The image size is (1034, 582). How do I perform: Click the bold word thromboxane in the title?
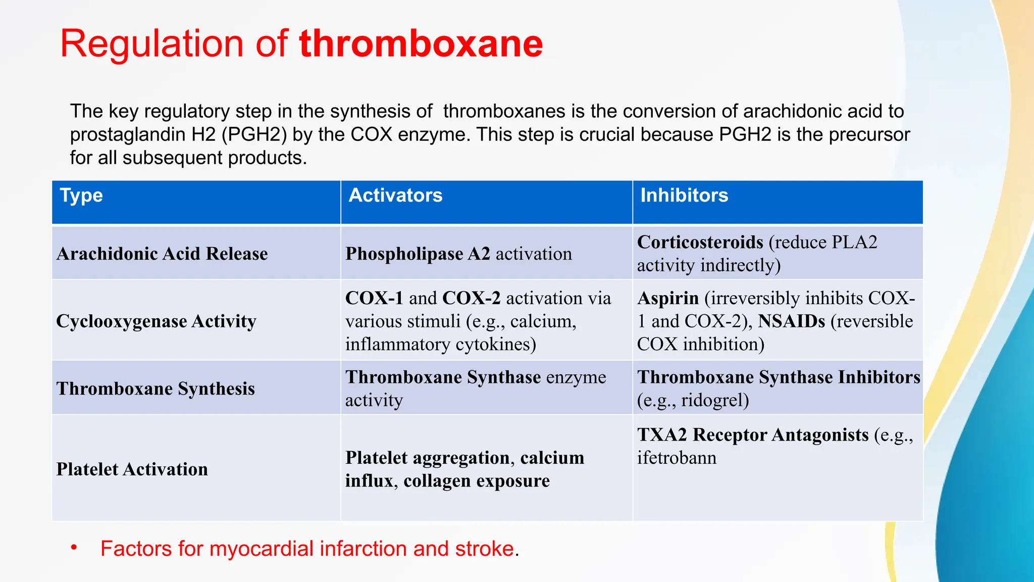[421, 43]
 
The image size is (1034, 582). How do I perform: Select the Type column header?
[81, 196]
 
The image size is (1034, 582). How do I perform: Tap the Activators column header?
[395, 196]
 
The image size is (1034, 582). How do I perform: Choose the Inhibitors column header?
[684, 196]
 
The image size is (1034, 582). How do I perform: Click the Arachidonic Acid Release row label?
[162, 254]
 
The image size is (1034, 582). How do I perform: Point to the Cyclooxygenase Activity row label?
[156, 321]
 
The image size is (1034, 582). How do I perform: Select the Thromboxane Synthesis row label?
[156, 389]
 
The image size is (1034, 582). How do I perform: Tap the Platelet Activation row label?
[132, 469]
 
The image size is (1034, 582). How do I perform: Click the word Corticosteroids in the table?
[700, 243]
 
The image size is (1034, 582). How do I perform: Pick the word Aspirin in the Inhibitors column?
[667, 298]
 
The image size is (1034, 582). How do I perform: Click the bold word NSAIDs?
[791, 321]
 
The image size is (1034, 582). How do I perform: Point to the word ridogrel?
[715, 400]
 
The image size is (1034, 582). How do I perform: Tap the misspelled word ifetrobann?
[677, 458]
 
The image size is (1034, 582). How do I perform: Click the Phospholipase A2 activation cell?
[458, 254]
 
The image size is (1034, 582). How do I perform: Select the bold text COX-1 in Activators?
[374, 298]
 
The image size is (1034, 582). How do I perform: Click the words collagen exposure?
[476, 481]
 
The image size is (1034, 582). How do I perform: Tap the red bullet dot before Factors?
[74, 547]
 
